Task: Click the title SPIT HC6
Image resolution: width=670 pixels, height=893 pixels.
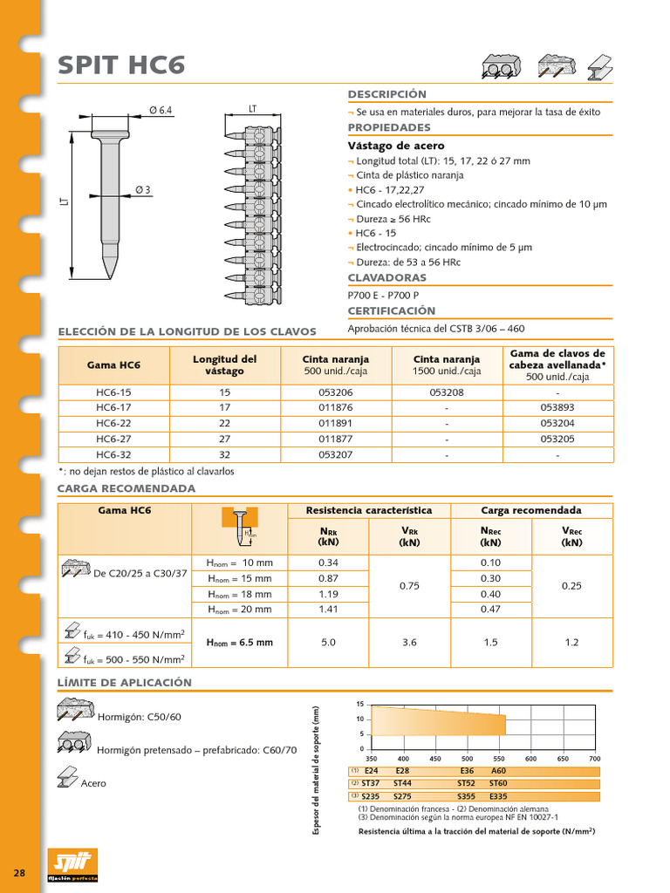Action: [x=120, y=65]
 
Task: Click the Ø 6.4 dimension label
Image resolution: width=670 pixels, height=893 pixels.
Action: [x=161, y=109]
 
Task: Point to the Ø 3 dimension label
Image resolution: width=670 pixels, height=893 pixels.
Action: [x=143, y=191]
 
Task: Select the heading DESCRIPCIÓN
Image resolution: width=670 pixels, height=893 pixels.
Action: [x=387, y=94]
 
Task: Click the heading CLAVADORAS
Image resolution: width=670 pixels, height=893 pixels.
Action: [x=388, y=277]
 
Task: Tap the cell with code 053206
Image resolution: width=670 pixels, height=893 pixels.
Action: [x=335, y=392]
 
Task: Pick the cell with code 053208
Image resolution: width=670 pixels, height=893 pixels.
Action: [x=446, y=392]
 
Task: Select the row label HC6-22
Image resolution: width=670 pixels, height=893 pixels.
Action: [x=113, y=424]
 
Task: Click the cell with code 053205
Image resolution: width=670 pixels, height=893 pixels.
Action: [x=557, y=440]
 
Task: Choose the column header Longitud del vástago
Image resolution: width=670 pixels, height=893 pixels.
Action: [x=224, y=365]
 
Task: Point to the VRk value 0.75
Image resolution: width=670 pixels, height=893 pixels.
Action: [x=409, y=586]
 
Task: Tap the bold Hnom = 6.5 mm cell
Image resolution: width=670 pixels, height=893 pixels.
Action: [x=239, y=643]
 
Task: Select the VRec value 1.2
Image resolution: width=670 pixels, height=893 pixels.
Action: [x=571, y=643]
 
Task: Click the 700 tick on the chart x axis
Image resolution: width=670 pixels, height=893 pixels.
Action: [x=595, y=759]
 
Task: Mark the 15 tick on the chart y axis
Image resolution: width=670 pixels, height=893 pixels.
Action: [x=359, y=704]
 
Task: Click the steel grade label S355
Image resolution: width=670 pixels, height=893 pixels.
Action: [x=467, y=796]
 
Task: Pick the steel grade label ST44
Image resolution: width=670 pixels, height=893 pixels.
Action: [x=402, y=784]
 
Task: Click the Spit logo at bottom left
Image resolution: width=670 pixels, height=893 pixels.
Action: [x=72, y=864]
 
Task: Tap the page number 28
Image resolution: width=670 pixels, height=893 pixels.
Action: [x=19, y=873]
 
